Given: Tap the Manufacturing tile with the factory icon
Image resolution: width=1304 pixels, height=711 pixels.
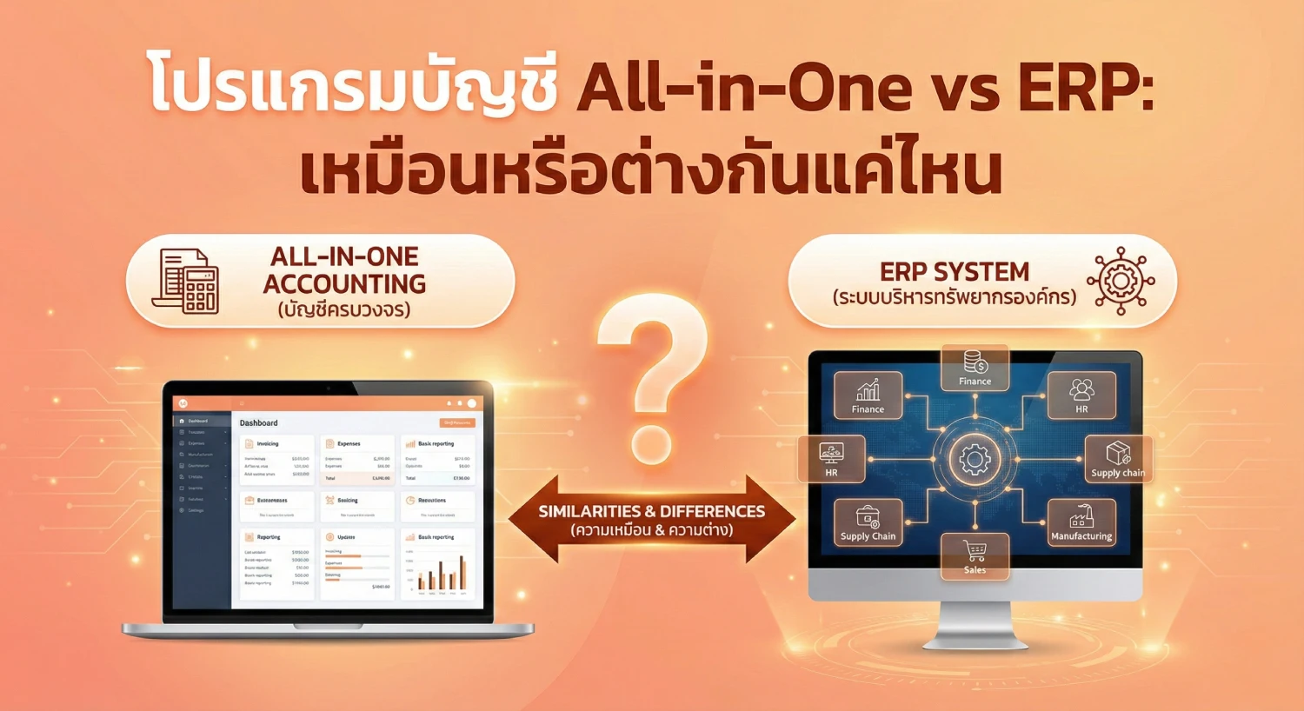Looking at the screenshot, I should point(1081,522).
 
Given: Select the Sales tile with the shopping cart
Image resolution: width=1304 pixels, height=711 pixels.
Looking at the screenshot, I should point(975,556).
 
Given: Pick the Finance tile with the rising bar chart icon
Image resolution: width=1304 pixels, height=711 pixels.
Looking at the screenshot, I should point(868,396).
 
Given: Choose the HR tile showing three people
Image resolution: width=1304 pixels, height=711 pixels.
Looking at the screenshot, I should point(1081,395).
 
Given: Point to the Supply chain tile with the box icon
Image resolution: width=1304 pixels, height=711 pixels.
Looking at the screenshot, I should point(1118,459).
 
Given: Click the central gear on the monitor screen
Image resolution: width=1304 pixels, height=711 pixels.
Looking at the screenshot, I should point(975,459).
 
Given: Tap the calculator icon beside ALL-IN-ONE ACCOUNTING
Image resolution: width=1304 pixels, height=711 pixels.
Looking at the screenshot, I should point(186,281).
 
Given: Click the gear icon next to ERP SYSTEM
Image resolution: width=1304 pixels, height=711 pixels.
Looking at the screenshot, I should point(1121,281).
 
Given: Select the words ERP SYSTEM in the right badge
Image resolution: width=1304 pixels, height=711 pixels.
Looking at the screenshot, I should point(954,272).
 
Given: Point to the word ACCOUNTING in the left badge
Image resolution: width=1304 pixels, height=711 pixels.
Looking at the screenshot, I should point(344,284).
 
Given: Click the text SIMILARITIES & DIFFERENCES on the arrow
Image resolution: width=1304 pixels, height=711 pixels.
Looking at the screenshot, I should point(651,511).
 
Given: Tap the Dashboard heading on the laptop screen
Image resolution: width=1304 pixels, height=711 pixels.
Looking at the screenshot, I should point(259,423).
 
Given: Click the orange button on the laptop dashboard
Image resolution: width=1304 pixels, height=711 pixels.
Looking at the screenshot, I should point(457,422).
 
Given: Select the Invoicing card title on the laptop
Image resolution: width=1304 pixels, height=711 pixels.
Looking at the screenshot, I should point(268,444).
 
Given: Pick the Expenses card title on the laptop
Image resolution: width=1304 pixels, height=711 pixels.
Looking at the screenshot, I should point(349,444).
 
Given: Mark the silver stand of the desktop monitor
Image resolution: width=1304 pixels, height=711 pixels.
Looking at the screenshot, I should point(975,626).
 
